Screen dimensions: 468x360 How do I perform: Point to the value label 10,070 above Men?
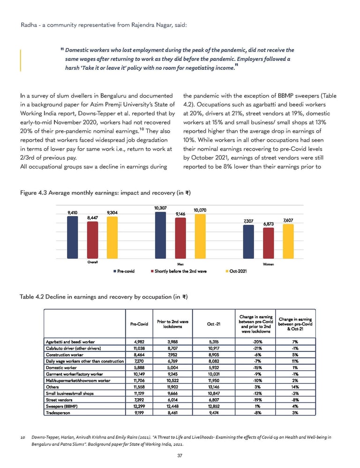[x=201, y=210]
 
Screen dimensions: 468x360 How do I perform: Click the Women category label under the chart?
[x=269, y=265]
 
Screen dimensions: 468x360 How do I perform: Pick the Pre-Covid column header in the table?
[x=139, y=324]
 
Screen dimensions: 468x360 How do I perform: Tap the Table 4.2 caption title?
[x=104, y=296]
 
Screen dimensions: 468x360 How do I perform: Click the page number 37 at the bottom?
[x=180, y=455]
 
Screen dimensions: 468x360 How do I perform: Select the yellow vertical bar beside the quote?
[x=21, y=59]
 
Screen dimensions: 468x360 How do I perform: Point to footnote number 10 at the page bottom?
[x=22, y=437]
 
